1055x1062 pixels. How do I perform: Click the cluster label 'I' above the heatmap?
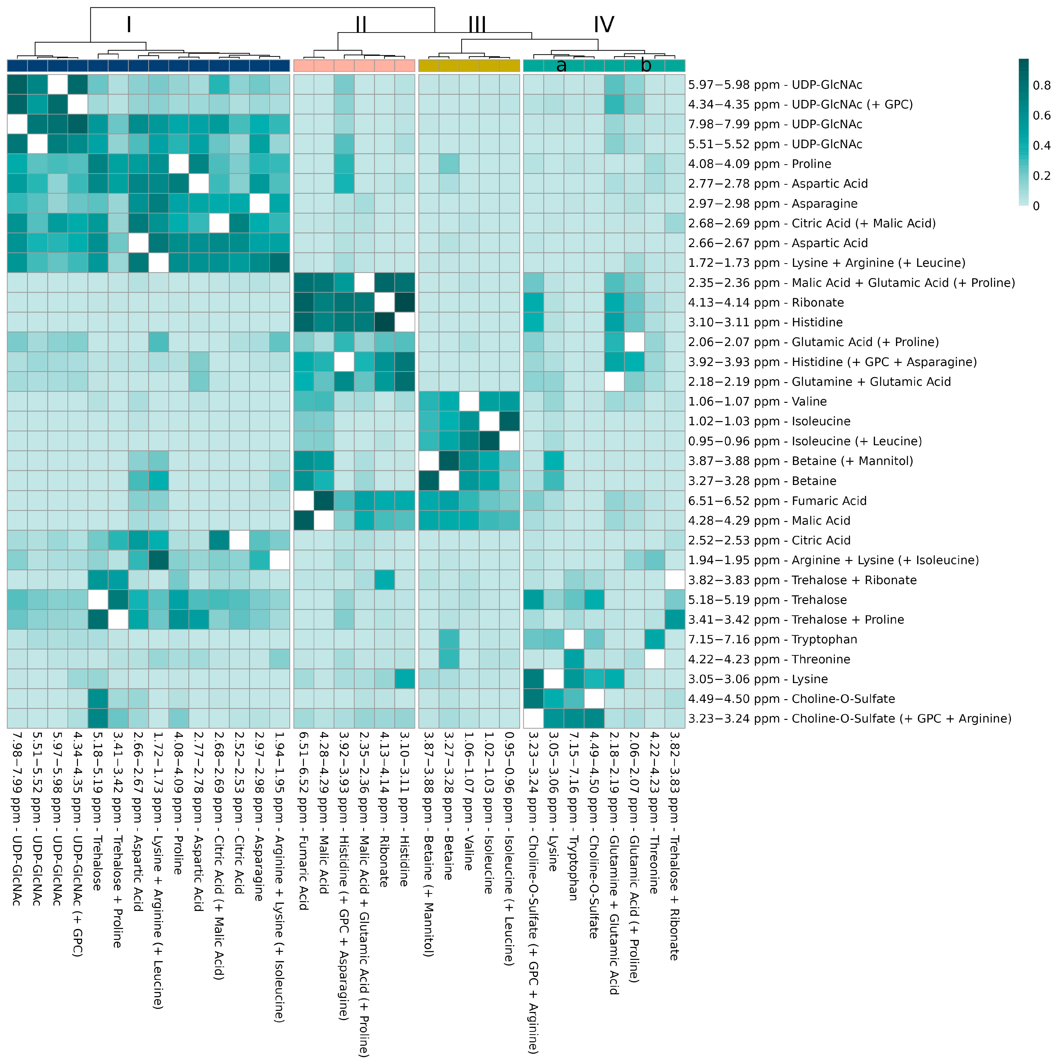[129, 25]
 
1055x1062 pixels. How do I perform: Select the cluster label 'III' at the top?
[477, 25]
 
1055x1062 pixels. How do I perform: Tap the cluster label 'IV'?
[603, 25]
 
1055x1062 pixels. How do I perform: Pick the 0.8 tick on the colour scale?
[1041, 85]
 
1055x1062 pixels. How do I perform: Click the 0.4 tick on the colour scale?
[1041, 146]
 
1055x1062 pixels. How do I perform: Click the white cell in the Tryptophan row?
[574, 639]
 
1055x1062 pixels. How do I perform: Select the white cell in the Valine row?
[469, 401]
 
